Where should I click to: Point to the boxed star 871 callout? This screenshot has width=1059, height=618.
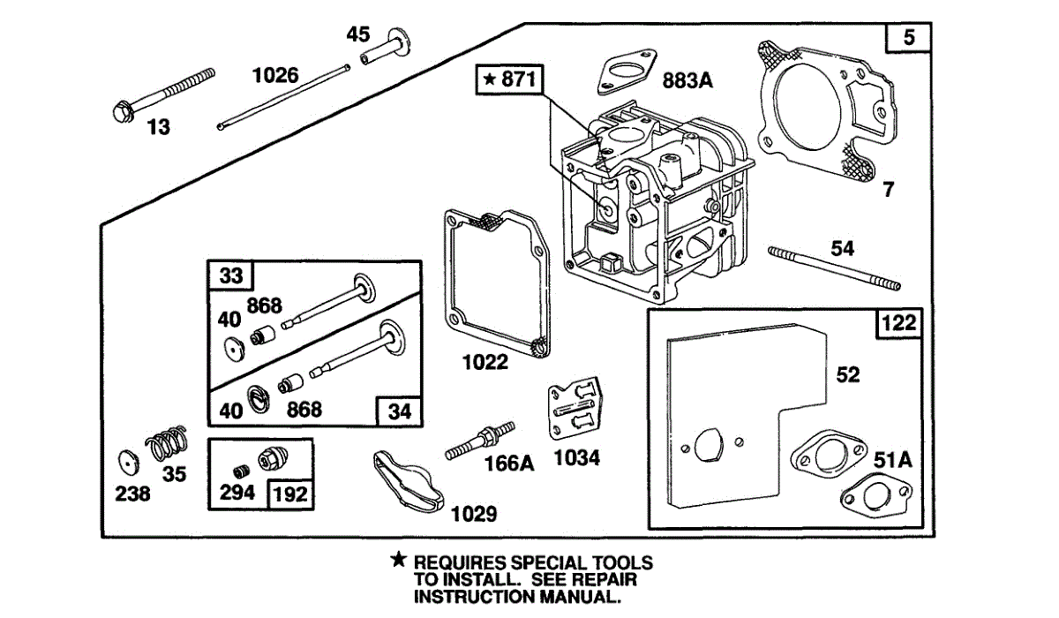510,79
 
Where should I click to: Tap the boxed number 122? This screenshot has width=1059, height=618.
898,325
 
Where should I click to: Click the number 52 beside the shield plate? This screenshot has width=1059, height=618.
847,375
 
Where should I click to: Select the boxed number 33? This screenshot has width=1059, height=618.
230,275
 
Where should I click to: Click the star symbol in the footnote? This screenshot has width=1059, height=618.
399,560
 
